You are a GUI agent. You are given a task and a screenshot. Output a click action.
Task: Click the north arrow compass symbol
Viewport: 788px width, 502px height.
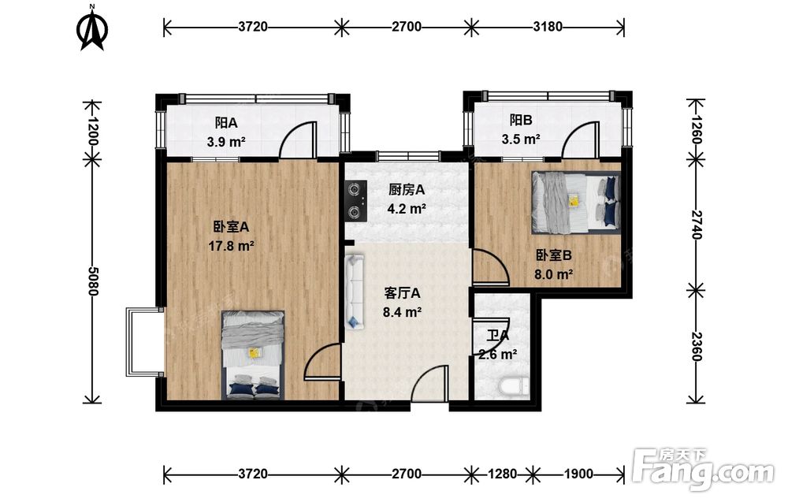point(92,28)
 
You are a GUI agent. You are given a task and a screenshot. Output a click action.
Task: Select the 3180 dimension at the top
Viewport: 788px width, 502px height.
point(548,27)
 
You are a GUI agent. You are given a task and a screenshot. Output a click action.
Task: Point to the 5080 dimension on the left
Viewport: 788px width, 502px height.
point(92,281)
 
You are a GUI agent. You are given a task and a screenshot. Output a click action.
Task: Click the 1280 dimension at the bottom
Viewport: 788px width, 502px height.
point(502,474)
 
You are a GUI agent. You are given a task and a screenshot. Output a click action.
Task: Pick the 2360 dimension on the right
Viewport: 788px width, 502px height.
point(697,346)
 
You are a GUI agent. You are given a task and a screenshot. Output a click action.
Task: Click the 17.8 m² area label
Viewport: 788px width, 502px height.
point(231,246)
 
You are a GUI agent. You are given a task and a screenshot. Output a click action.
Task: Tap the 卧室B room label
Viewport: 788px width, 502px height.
point(553,256)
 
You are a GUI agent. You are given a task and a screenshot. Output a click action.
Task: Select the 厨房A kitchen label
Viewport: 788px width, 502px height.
point(407,190)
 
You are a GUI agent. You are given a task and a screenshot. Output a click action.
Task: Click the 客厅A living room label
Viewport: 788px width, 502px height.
point(402,293)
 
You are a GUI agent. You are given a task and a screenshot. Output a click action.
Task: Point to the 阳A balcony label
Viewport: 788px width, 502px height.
point(226,123)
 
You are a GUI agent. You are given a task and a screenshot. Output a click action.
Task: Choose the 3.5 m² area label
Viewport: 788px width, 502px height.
point(521,139)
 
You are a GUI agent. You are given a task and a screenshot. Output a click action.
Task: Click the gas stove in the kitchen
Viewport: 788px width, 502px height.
point(355,201)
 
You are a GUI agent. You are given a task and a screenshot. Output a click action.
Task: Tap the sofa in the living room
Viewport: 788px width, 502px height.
point(355,292)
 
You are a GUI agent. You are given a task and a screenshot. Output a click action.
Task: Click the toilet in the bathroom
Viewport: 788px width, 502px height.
point(514,387)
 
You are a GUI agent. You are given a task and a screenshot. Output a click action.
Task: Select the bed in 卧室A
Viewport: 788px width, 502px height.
point(253,355)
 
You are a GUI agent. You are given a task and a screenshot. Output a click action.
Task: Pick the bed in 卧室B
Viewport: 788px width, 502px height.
point(577,203)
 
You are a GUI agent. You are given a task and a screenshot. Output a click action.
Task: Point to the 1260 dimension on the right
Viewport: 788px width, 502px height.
point(697,130)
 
